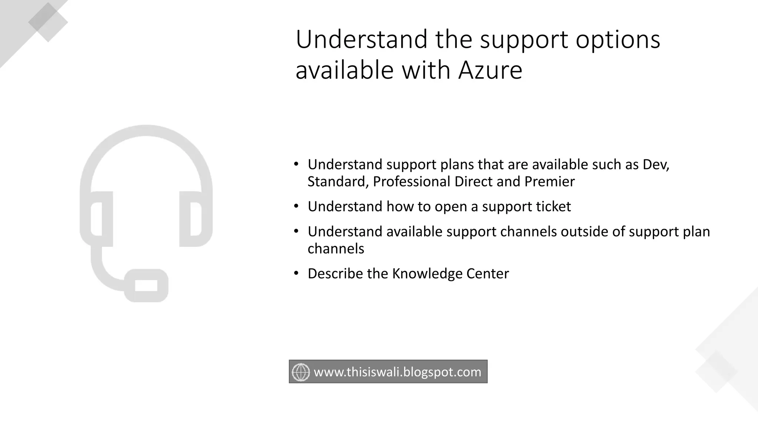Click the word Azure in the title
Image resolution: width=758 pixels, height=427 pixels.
[x=490, y=70]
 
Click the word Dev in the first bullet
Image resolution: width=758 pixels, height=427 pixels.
[x=655, y=164]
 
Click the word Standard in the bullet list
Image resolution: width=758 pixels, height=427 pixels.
[x=338, y=182]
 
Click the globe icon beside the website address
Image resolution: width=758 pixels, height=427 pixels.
[x=301, y=372]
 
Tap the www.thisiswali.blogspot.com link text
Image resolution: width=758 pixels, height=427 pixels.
[x=397, y=372]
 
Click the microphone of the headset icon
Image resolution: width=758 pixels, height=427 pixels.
[x=146, y=285]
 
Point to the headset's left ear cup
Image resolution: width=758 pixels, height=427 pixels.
[x=97, y=219]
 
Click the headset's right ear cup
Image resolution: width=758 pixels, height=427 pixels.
[x=195, y=219]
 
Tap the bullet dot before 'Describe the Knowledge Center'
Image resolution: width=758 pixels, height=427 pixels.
[x=296, y=274]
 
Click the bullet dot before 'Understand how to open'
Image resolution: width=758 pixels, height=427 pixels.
[x=296, y=206]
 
